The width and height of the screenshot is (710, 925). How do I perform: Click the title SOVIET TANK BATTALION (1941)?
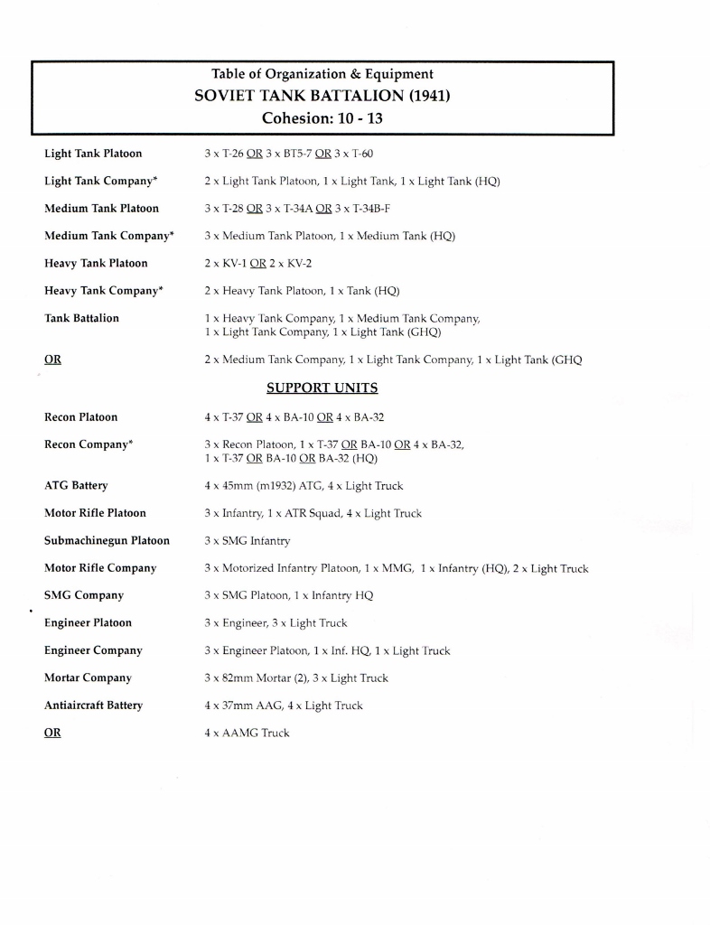[x=322, y=96]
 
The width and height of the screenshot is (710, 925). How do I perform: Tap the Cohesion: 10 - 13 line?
[x=322, y=118]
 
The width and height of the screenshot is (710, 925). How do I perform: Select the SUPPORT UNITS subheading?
[x=322, y=388]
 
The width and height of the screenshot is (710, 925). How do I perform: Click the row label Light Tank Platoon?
[x=93, y=154]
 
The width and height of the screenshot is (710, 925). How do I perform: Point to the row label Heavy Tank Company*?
[x=103, y=290]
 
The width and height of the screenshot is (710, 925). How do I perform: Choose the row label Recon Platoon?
[x=81, y=417]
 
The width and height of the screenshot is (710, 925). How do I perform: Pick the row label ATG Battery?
[x=76, y=486]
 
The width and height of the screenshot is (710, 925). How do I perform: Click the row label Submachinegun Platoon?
[x=107, y=540]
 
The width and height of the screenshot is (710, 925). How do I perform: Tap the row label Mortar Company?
[x=88, y=677]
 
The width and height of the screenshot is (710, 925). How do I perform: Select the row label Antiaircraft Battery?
[x=93, y=705]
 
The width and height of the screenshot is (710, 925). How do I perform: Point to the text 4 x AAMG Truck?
[x=247, y=733]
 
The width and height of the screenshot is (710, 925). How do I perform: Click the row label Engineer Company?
[x=93, y=650]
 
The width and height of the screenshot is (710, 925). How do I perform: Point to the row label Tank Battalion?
[x=81, y=318]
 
